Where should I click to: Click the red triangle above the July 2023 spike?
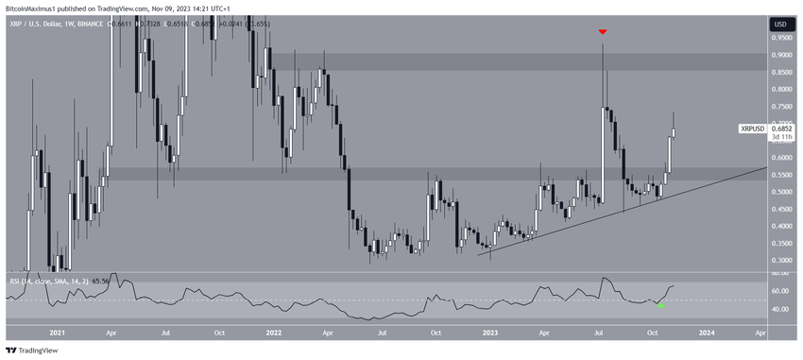click(602, 32)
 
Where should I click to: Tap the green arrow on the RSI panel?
click(660, 305)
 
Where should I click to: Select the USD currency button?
click(780, 24)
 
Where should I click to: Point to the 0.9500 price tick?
click(780, 39)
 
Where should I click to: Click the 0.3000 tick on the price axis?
click(780, 260)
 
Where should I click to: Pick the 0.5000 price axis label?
click(780, 192)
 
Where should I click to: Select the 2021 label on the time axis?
click(56, 333)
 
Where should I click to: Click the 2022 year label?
click(274, 333)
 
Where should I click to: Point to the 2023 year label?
click(491, 333)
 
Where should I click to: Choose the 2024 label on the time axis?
click(709, 333)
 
